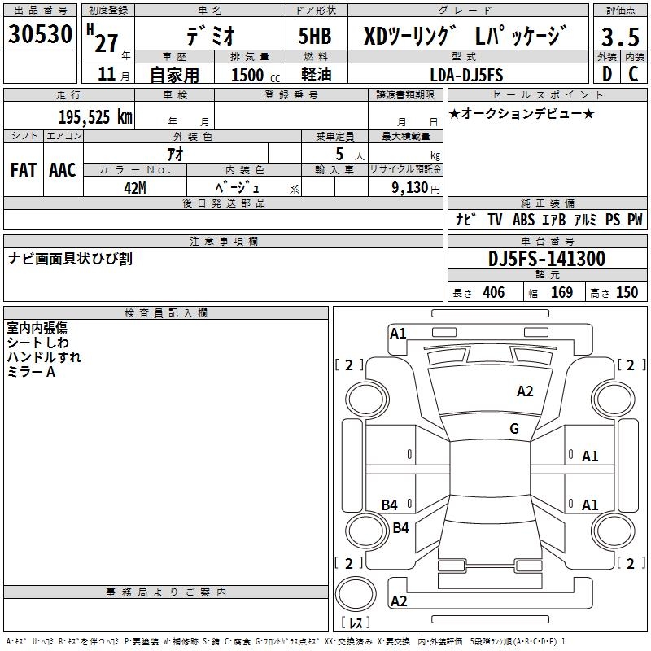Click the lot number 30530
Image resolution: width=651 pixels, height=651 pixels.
click(41, 34)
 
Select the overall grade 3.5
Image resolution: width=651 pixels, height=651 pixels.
click(618, 37)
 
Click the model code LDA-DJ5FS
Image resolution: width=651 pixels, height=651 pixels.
click(467, 75)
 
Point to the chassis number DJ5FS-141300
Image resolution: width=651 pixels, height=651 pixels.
click(546, 260)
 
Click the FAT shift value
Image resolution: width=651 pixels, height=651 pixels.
click(24, 170)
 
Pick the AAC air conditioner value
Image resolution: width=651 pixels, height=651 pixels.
click(62, 170)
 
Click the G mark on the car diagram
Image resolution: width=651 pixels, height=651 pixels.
click(514, 429)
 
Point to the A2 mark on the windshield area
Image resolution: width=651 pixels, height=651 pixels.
click(525, 391)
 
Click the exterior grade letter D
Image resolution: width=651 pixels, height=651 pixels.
click(606, 75)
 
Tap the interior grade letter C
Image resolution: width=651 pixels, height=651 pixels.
click(633, 75)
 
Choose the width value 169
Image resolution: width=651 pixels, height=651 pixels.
click(561, 293)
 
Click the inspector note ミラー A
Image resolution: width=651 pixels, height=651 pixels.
click(31, 371)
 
